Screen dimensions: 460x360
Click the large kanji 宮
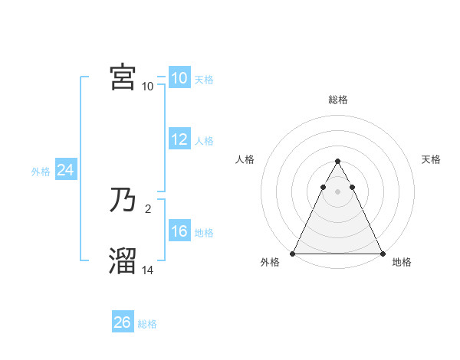click(x=123, y=77)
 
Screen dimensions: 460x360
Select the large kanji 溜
click(x=123, y=261)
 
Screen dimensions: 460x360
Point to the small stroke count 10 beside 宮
click(x=148, y=86)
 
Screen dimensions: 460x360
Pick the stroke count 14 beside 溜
click(x=148, y=270)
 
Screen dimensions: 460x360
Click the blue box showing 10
click(x=179, y=78)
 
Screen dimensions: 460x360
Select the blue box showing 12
click(x=179, y=139)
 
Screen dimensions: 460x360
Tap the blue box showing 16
click(x=179, y=231)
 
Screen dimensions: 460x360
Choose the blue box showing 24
click(x=66, y=171)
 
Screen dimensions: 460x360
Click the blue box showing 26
click(x=122, y=322)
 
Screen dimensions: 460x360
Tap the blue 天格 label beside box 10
click(x=204, y=80)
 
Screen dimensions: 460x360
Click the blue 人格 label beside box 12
click(x=204, y=141)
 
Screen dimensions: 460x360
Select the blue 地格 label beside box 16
click(x=204, y=233)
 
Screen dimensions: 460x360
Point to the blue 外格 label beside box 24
click(x=41, y=172)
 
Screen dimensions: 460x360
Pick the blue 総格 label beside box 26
click(x=147, y=324)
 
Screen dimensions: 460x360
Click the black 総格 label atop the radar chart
click(x=337, y=100)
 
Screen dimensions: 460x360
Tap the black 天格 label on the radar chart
click(x=432, y=159)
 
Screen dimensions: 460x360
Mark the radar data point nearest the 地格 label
click(x=383, y=254)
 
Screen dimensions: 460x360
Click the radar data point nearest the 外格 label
click(x=293, y=254)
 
